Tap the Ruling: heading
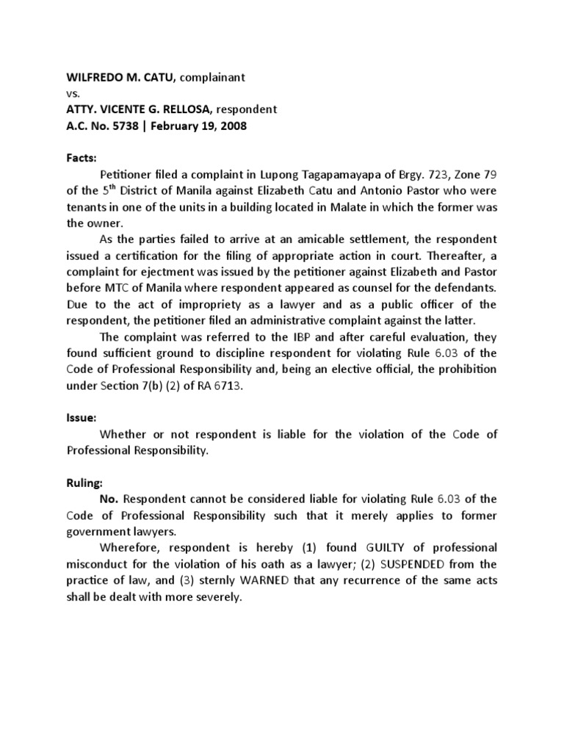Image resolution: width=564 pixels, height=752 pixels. [85, 481]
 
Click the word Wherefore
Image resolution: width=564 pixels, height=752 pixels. [130, 548]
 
